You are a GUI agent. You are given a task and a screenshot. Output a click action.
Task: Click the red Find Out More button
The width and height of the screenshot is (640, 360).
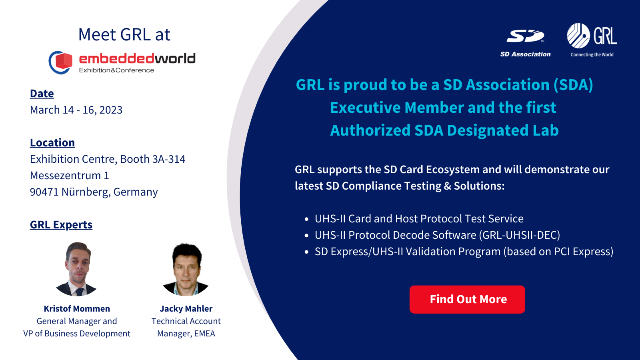[467, 299]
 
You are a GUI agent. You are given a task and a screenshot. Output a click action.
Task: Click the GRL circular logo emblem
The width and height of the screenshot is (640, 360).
[578, 36]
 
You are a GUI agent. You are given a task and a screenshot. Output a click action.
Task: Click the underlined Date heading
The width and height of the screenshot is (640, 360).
[42, 94]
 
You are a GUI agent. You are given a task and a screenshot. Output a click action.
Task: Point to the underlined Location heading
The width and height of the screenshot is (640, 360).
[52, 143]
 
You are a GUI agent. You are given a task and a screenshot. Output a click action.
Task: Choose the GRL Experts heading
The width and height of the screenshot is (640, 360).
[61, 225]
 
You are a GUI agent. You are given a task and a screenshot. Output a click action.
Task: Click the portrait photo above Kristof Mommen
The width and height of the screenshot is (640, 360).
[77, 269]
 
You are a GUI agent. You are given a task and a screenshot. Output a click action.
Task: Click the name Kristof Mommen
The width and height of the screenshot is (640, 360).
[77, 309]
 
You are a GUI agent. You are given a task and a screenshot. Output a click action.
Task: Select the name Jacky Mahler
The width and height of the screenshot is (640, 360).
[186, 309]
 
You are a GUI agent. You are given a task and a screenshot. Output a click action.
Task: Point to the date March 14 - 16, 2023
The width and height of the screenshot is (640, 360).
[76, 110]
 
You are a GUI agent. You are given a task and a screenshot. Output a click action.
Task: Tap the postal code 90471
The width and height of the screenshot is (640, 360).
[44, 192]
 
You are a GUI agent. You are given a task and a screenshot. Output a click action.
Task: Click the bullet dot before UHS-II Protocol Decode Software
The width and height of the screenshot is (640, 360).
[306, 236]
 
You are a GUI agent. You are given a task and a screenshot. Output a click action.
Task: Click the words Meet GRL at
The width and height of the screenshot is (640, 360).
[124, 35]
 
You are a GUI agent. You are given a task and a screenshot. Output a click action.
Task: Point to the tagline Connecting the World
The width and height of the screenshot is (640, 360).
[592, 55]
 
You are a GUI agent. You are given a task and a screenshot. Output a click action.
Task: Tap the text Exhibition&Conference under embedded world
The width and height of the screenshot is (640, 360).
[116, 70]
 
